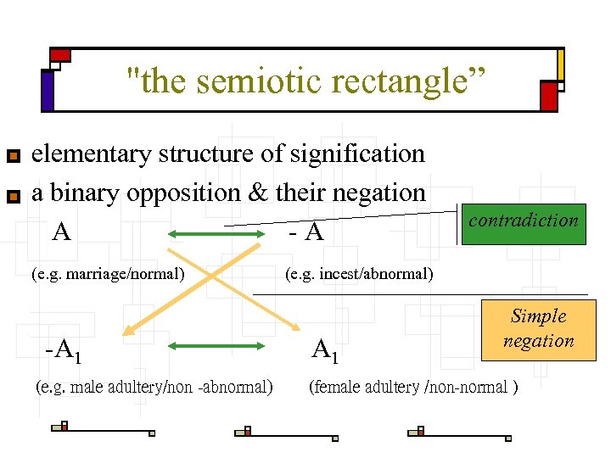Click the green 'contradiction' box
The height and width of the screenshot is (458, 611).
pos(523,223)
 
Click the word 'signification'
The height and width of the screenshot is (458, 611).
pos(357,154)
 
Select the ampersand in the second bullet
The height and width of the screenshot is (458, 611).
pos(258,193)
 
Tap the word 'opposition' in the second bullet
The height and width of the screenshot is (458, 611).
pos(185,193)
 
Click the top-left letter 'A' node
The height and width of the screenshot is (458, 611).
pos(61,231)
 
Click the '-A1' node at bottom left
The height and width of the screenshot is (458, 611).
pos(64,349)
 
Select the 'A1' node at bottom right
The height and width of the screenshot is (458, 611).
pos(324,349)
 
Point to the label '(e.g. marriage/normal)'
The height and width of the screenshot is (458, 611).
pos(108,274)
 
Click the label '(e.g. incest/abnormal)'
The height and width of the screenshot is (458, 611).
pos(359,274)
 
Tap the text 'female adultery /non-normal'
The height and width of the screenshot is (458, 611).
pos(412,388)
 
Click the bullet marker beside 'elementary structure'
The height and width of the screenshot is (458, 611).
pos(12,157)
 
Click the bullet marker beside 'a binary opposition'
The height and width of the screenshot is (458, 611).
pos(12,197)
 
